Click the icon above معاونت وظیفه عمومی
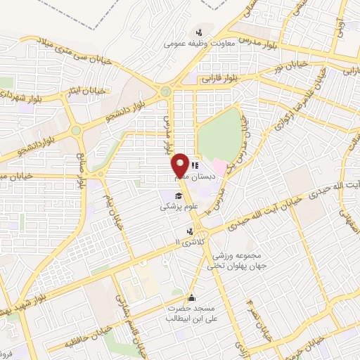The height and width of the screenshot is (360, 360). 200,31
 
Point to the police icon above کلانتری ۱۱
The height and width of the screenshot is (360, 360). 190,231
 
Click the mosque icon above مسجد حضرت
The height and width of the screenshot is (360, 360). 192,297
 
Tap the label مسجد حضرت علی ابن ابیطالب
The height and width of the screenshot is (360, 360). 189,314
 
